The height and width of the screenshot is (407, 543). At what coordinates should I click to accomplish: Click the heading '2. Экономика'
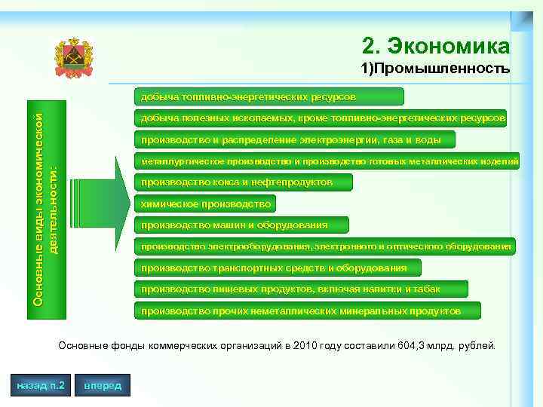click(436, 47)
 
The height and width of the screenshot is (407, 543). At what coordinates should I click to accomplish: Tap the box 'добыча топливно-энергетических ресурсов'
click(268, 96)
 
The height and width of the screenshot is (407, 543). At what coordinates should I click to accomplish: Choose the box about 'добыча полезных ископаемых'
click(320, 118)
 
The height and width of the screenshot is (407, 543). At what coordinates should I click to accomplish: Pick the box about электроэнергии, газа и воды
click(293, 139)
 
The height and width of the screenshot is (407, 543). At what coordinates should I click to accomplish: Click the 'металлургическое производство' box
click(325, 161)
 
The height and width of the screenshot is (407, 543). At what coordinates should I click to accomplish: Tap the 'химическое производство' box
click(204, 203)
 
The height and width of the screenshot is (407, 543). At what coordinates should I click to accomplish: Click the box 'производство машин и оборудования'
click(240, 225)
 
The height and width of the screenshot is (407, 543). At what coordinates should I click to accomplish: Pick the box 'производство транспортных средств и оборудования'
click(276, 268)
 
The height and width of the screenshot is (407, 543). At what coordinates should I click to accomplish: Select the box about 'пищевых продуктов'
click(299, 289)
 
